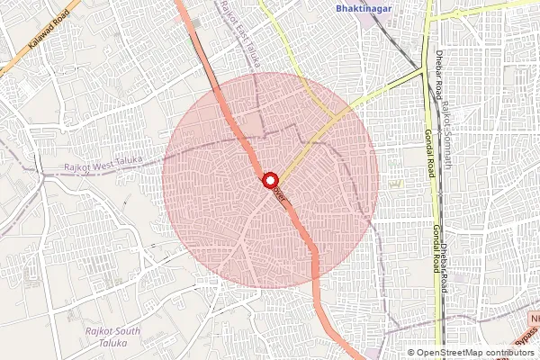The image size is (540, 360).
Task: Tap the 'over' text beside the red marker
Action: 279,193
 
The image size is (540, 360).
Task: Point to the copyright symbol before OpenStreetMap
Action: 410,352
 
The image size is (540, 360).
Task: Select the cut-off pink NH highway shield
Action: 534,319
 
